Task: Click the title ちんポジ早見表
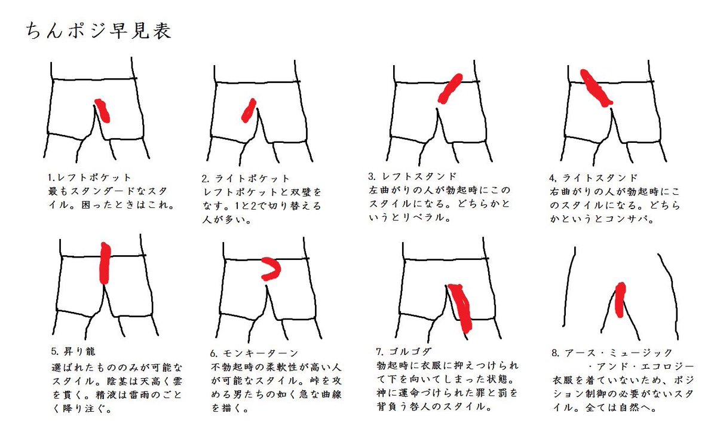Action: click(x=99, y=31)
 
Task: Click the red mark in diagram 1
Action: click(x=103, y=111)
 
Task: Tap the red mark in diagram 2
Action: click(x=249, y=111)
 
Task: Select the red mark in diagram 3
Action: click(x=451, y=88)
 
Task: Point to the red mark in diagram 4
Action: click(x=596, y=88)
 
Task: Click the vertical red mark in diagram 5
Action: click(x=105, y=263)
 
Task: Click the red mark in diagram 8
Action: click(x=620, y=300)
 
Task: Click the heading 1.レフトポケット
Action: click(x=90, y=177)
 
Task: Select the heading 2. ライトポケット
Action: click(x=246, y=178)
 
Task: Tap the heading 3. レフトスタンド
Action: click(x=412, y=176)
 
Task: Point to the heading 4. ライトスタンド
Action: click(x=593, y=177)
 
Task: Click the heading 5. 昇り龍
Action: click(x=73, y=351)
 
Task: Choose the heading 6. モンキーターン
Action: click(x=255, y=353)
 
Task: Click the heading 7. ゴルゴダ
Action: click(x=404, y=351)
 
